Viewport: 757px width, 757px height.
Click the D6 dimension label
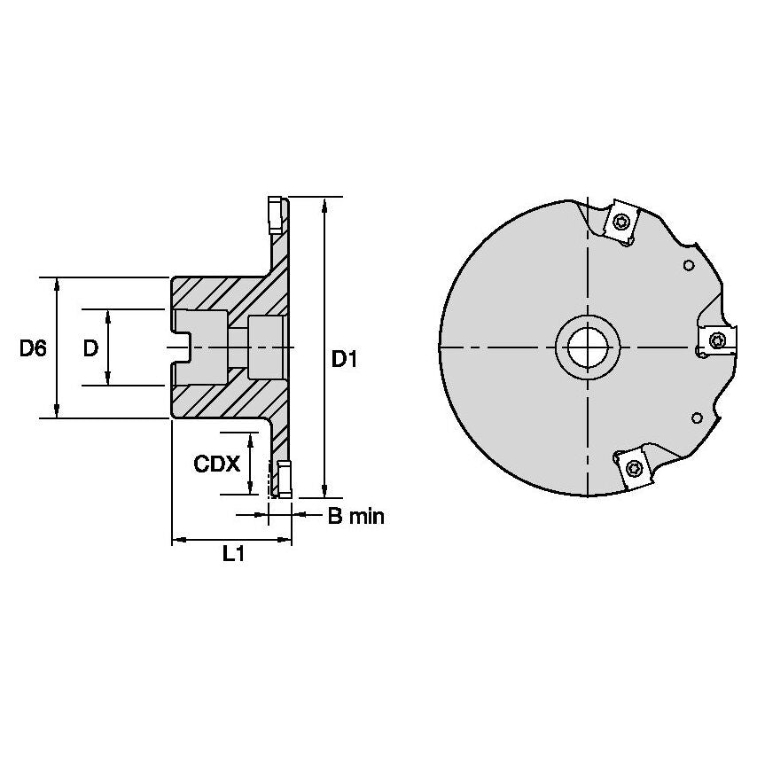pos(33,348)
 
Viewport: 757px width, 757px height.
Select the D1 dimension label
pos(344,359)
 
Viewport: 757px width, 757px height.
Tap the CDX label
pos(216,464)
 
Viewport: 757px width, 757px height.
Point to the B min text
pos(355,516)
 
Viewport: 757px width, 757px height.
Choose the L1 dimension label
pos(232,555)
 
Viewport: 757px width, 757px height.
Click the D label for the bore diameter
pos(90,348)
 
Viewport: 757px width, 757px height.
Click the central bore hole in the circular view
pos(587,347)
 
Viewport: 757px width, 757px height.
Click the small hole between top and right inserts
pos(688,263)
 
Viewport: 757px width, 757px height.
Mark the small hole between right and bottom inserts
pos(697,417)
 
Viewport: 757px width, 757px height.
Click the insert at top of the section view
pos(274,213)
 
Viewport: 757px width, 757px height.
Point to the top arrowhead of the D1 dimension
pos(326,204)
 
